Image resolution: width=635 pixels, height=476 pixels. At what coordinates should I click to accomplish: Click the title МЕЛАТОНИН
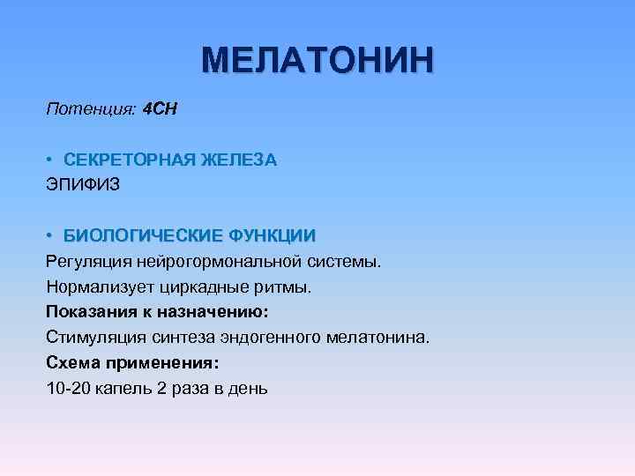(x=317, y=61)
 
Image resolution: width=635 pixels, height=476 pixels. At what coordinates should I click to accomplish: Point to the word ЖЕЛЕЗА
(x=240, y=160)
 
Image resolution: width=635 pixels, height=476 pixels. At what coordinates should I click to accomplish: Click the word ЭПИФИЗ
(x=82, y=186)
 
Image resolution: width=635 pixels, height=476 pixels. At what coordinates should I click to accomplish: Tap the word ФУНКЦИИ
(x=272, y=236)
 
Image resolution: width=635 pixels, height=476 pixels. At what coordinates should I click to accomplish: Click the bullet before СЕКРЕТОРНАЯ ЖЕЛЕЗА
(x=52, y=160)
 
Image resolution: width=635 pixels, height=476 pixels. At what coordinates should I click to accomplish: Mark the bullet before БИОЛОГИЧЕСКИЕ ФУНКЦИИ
(x=52, y=236)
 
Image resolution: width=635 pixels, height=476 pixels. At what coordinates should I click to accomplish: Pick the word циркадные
(x=198, y=287)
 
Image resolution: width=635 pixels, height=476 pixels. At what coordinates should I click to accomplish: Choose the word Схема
(x=71, y=363)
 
